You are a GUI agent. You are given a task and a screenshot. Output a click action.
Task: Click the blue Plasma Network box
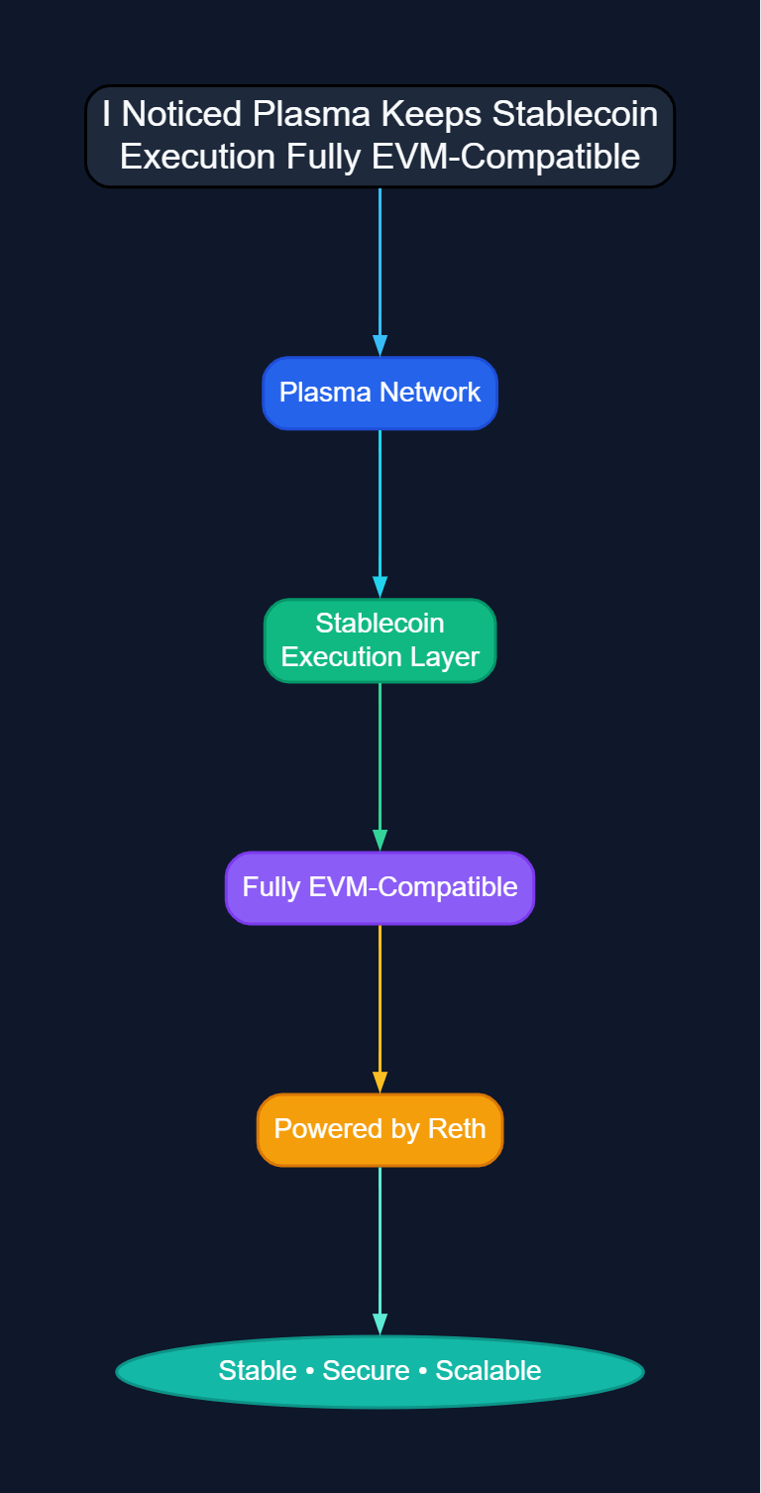point(380,393)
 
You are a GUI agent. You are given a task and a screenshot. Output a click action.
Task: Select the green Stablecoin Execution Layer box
point(380,640)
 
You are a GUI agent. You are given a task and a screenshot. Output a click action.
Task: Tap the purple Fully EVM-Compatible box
point(380,887)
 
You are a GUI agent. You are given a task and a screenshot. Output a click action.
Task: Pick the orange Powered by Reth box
point(380,1129)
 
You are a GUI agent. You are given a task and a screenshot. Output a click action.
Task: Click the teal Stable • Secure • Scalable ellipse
point(380,1371)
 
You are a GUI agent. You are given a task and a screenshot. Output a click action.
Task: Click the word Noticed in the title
point(182,115)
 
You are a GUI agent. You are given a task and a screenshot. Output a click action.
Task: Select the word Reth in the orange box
point(457,1129)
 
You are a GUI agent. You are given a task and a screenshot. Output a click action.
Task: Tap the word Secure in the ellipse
point(366,1371)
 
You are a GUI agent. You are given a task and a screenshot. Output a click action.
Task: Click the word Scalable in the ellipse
point(489,1371)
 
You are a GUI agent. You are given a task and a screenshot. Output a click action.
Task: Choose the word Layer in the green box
point(448,657)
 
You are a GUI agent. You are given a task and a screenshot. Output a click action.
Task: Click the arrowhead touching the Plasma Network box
point(380,345)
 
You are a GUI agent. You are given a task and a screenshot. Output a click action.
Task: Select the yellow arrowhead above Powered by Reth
point(380,1083)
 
